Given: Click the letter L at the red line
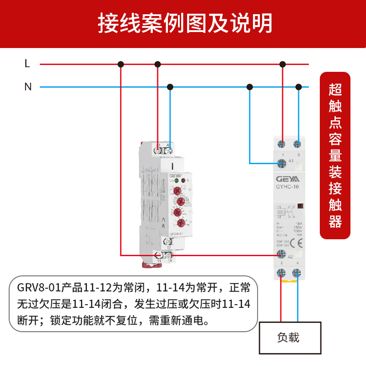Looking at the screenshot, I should pos(27,64).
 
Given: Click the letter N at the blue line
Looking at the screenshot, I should pos(28,86).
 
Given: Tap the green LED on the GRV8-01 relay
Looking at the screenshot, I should pos(176,181).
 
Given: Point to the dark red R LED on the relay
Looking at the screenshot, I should pos(183,181).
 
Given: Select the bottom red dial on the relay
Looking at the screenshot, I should pos(181,223).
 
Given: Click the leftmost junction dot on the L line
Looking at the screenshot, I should pos(121,64).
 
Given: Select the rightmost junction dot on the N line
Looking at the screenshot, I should pos(299,86).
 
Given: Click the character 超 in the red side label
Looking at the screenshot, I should pos(335,89).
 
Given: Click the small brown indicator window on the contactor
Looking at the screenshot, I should pos(301,207).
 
